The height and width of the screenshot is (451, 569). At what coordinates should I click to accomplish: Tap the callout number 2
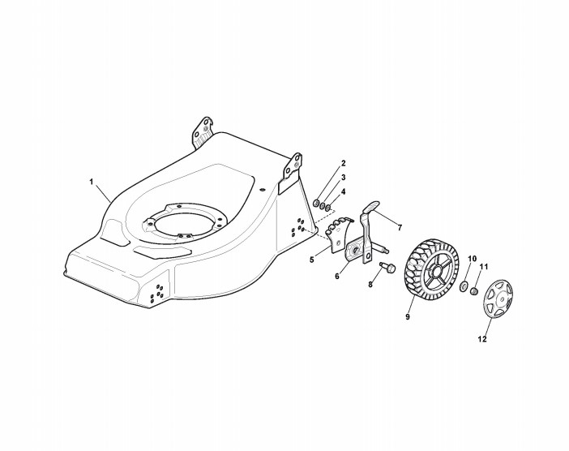(x=344, y=164)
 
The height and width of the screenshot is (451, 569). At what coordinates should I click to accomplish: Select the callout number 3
(x=344, y=177)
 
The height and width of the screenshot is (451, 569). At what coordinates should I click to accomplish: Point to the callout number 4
(x=344, y=191)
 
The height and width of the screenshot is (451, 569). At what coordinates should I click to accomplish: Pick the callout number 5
(x=311, y=260)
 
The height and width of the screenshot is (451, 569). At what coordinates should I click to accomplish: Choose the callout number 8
(x=370, y=285)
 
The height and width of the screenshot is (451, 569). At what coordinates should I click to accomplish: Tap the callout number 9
(x=407, y=319)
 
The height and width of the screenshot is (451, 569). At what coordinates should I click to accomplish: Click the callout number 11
(x=485, y=267)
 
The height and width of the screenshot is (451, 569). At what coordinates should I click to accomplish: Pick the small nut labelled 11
(x=475, y=288)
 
